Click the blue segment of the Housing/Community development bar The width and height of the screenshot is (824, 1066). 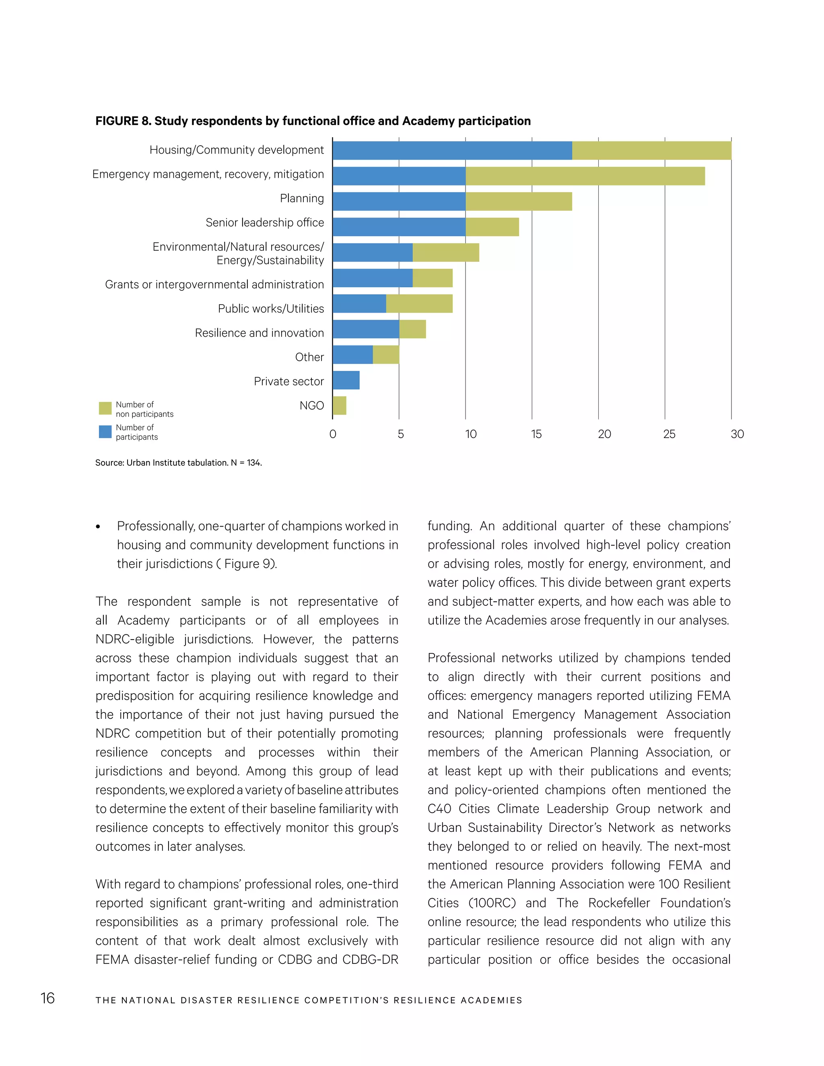click(x=452, y=150)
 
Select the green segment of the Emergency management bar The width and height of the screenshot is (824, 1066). click(x=585, y=176)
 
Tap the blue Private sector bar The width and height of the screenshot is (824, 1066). click(x=346, y=380)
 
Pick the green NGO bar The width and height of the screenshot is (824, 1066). click(x=340, y=405)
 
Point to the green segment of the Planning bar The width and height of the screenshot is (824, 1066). click(x=518, y=201)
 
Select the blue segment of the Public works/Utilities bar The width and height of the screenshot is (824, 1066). click(x=359, y=304)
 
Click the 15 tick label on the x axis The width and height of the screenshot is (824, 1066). click(x=536, y=434)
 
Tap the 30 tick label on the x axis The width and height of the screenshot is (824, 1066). click(x=737, y=434)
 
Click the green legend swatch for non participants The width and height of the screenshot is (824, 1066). click(x=105, y=408)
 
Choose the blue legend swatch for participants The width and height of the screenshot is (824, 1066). click(x=105, y=432)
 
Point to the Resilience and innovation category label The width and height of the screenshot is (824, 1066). click(x=259, y=333)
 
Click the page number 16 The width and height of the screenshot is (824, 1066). click(x=47, y=998)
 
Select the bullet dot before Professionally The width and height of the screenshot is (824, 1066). click(x=98, y=527)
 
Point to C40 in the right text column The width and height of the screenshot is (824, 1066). click(x=439, y=809)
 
